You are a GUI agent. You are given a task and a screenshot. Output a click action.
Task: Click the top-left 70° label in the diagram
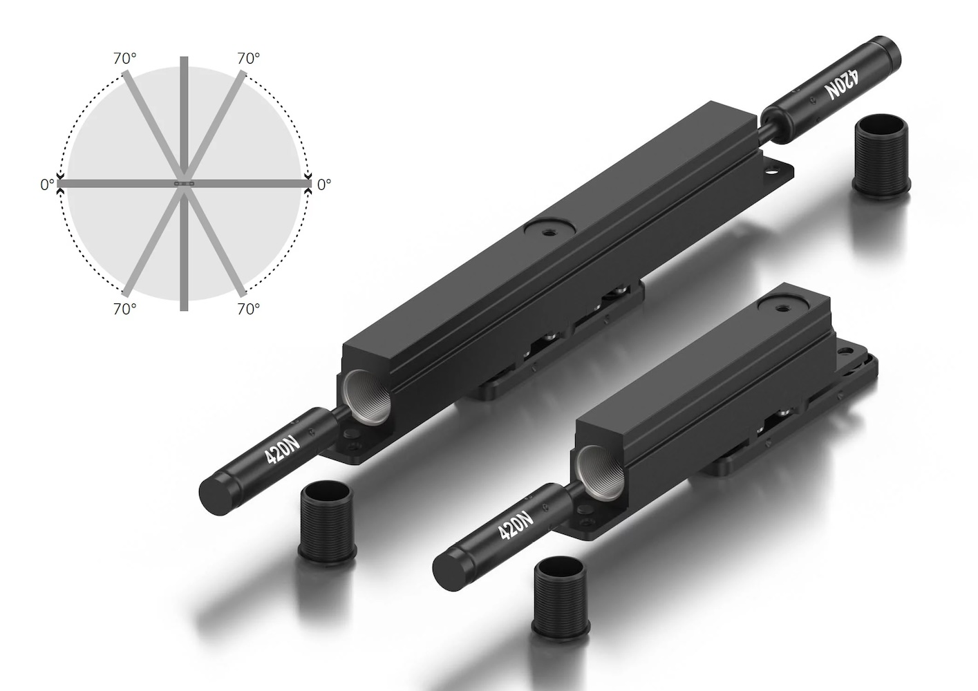point(124,59)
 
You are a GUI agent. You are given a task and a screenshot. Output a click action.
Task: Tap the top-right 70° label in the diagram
point(249,59)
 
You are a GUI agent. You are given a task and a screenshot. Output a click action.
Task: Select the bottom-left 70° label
point(124,309)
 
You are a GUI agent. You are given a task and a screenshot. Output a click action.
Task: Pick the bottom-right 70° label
point(249,309)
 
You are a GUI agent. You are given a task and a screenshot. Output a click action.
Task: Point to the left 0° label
point(47,184)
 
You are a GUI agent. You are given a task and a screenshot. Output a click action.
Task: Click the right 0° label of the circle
point(323,184)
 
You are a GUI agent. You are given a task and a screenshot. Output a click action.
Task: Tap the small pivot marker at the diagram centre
point(185,184)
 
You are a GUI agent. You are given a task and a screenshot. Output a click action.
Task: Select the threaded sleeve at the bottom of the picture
point(561,597)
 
